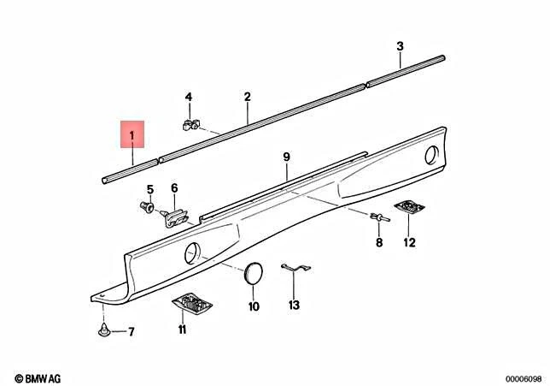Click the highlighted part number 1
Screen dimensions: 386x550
(x=132, y=134)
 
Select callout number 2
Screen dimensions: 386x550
(x=247, y=98)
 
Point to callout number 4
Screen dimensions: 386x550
(x=189, y=98)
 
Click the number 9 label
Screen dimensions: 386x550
(x=287, y=157)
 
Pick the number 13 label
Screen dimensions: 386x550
(x=294, y=305)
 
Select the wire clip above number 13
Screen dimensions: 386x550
(x=294, y=270)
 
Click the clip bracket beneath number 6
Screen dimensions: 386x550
(x=176, y=217)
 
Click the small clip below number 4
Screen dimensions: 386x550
(x=190, y=124)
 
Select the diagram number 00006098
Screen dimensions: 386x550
(x=518, y=377)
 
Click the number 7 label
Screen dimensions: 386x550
(x=131, y=331)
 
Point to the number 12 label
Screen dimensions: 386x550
(x=409, y=242)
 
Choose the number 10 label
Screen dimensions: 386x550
(x=254, y=305)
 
